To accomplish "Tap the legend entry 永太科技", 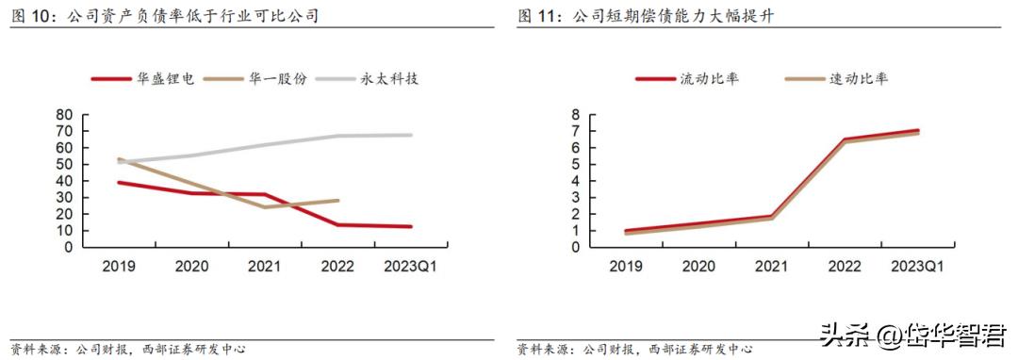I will pyautogui.click(x=389, y=79).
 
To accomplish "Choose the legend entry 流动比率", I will pyautogui.click(x=709, y=79).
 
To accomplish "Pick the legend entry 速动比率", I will pyautogui.click(x=858, y=79).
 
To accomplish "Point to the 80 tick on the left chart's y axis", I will pyautogui.click(x=66, y=114).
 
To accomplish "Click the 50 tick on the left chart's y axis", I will pyautogui.click(x=66, y=164).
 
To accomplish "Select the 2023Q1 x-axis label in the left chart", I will pyautogui.click(x=410, y=267).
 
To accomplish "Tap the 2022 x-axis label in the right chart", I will pyautogui.click(x=845, y=267).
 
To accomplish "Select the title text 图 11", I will pyautogui.click(x=536, y=17).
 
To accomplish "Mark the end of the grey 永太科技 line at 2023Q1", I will pyautogui.click(x=410, y=135).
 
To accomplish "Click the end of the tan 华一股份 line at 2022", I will pyautogui.click(x=337, y=200).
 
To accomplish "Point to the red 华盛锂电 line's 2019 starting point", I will pyautogui.click(x=118, y=182).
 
